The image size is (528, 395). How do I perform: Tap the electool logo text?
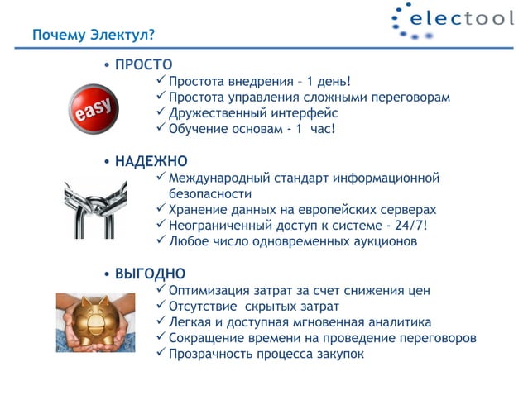coord(463,18)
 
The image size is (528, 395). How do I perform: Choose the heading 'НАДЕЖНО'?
coord(151,160)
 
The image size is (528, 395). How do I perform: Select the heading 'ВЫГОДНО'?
coord(150,274)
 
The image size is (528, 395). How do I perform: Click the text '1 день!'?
coord(329,82)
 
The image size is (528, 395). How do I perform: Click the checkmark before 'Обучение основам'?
coord(161,129)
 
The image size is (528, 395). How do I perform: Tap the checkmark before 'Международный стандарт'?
coord(161,178)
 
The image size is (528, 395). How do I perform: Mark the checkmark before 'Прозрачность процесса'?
coord(161,354)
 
